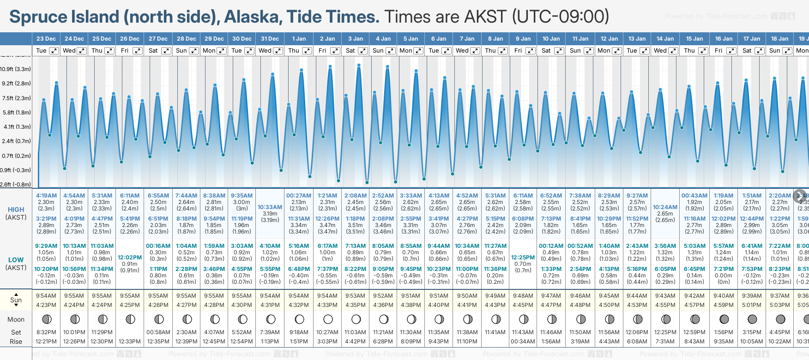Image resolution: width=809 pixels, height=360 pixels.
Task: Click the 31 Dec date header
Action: pos(270,39)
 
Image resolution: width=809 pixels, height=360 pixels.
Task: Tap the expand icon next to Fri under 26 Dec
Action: pos(138,51)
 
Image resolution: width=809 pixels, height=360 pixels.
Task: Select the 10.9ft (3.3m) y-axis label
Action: pos(16,69)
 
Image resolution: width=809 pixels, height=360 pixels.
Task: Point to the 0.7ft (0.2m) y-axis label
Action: pos(16,156)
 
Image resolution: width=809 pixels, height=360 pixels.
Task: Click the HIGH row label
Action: pos(16,210)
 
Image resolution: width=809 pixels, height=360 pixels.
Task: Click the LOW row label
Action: pos(16,260)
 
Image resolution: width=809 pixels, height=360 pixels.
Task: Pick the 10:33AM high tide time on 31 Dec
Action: pos(270,207)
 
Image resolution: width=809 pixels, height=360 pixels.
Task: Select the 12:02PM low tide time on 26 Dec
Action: pos(130,258)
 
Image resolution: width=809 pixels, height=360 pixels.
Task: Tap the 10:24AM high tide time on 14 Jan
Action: pos(665,207)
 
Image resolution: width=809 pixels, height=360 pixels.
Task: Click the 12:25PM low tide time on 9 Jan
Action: pos(523,258)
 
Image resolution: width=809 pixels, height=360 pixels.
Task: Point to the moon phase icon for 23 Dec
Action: pos(46,319)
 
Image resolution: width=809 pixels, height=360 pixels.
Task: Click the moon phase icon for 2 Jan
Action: pos(328,319)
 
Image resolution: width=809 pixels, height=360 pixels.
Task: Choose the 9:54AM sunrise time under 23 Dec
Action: pos(46,296)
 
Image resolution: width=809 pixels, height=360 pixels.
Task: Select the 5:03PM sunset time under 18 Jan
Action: pos(779,305)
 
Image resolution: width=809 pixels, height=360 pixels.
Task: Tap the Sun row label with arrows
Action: pos(16,300)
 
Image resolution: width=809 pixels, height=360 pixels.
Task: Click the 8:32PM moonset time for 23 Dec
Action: pos(46,332)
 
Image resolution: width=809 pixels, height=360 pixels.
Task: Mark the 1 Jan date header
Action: pos(299,39)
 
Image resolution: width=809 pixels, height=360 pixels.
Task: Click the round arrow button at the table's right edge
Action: pos(800,196)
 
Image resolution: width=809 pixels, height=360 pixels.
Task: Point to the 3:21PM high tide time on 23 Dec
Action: pos(46,219)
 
